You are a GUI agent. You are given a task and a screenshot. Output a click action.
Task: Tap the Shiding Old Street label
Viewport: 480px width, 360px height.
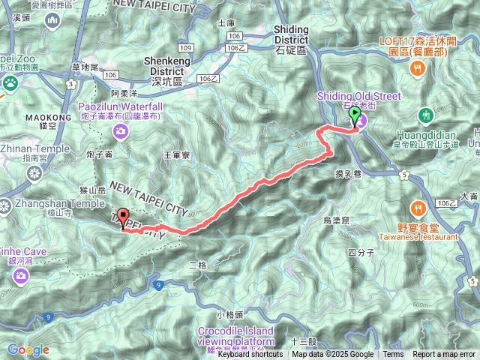(359, 96)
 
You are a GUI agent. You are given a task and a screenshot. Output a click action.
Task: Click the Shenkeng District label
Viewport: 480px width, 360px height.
(172, 70)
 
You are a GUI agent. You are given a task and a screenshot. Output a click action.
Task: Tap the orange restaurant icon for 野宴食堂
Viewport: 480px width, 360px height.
(418, 207)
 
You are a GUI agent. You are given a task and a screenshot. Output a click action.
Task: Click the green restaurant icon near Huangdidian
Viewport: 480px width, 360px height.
(426, 115)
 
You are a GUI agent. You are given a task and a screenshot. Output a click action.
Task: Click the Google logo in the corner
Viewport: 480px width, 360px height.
(28, 349)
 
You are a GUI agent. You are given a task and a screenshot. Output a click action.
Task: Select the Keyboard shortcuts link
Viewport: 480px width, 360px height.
(250, 355)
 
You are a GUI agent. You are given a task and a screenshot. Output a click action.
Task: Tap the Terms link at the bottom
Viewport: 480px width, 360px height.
(393, 355)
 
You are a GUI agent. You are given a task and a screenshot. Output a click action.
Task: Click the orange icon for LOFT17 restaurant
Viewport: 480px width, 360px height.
(418, 69)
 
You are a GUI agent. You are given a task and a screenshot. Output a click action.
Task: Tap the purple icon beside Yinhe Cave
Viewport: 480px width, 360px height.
(20, 277)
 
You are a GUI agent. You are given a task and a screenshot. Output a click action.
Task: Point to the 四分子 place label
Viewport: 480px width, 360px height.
(361, 252)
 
